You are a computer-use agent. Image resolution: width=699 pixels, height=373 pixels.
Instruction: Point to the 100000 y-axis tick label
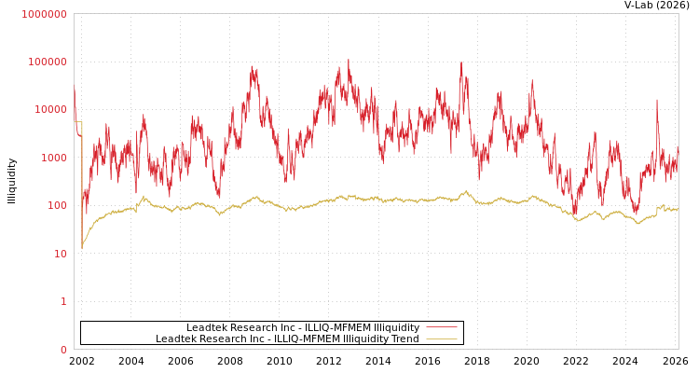click(x=48, y=62)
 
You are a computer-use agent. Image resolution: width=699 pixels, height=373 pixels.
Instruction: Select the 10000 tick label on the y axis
click(x=51, y=110)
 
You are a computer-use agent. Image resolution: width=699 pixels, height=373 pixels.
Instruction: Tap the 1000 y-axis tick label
click(x=55, y=158)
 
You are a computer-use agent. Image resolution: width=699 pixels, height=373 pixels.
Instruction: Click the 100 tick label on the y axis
click(x=58, y=205)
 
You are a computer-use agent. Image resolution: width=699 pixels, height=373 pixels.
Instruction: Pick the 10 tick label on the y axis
click(x=62, y=254)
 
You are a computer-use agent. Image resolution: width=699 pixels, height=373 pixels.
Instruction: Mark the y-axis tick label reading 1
click(x=64, y=301)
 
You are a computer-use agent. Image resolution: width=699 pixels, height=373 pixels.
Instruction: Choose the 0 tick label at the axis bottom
click(x=64, y=350)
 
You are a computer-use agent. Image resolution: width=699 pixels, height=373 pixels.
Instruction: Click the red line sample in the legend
click(x=441, y=327)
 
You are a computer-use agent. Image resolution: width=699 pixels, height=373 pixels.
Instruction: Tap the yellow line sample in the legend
click(x=441, y=339)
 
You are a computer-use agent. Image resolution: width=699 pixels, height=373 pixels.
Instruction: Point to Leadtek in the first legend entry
click(x=207, y=327)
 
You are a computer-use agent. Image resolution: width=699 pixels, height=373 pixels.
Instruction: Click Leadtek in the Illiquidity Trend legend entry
click(x=176, y=339)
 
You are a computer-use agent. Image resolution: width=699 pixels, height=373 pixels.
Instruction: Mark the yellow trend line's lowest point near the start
click(x=82, y=248)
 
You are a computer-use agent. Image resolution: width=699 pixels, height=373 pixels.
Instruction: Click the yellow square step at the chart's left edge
click(x=78, y=122)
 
